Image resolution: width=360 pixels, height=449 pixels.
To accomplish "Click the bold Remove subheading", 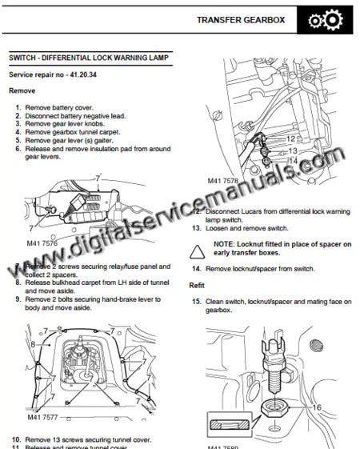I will click(x=22, y=91).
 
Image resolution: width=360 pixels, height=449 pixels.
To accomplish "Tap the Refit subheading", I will click(x=197, y=286).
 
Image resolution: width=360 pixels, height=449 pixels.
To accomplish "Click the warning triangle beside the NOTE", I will click(x=196, y=251).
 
